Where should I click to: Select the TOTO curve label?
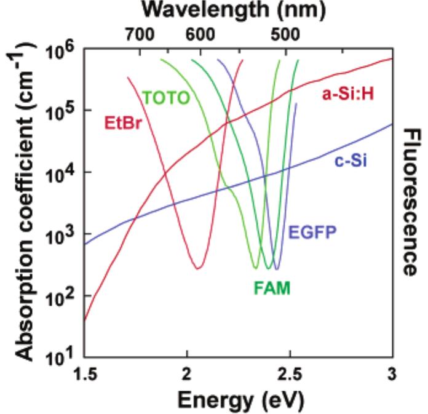tap(165, 97)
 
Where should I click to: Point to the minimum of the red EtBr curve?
tap(197, 268)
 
